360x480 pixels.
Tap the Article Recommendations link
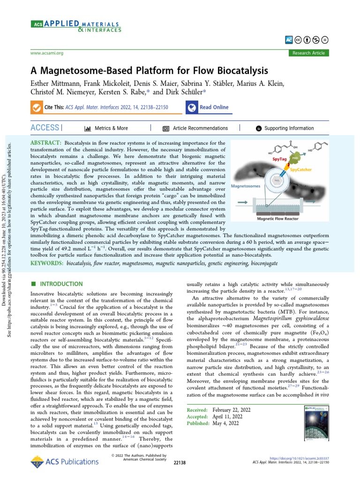click(200, 128)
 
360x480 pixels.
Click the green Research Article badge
click(308, 53)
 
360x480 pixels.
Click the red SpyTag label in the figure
click(276, 160)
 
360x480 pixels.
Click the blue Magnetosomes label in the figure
click(247, 186)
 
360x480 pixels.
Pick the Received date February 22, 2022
click(231, 410)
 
